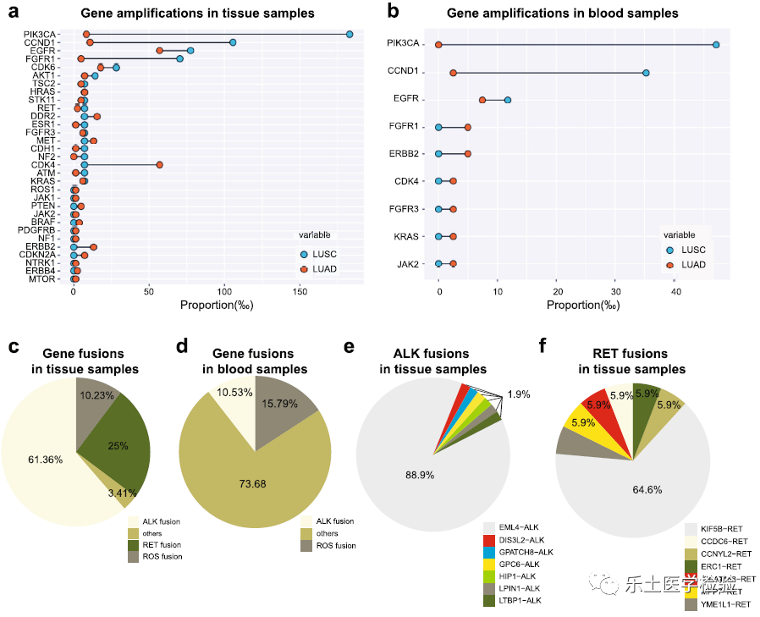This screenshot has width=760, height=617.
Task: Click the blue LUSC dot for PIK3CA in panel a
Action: [x=350, y=34]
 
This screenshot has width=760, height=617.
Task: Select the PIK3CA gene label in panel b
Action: [x=403, y=44]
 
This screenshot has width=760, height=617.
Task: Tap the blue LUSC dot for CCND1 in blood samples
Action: [x=646, y=73]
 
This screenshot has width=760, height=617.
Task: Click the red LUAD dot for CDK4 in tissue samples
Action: [x=159, y=165]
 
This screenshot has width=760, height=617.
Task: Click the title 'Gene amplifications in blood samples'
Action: [x=562, y=14]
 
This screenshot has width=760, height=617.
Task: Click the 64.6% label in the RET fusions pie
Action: [x=644, y=488]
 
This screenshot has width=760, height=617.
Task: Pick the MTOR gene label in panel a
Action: [x=42, y=278]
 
